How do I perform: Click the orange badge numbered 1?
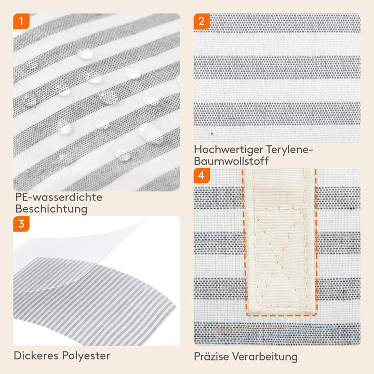point(21,21)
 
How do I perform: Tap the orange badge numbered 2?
point(202,21)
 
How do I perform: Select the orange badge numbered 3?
point(21,224)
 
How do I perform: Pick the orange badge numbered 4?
point(202,176)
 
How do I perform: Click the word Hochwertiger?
point(229,150)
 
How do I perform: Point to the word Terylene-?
point(289,150)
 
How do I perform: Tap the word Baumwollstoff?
point(231,161)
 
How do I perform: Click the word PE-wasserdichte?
point(59,197)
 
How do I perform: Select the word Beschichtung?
point(51,209)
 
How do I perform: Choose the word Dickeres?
point(36,356)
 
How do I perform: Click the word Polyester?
point(86,356)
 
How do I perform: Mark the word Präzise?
point(211,356)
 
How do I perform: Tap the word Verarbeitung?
point(265,357)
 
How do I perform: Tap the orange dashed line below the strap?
point(282,315)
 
